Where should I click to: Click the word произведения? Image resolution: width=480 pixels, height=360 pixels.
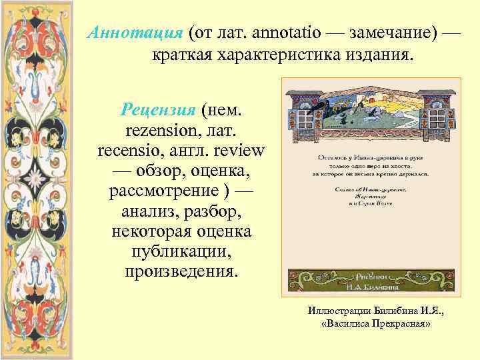[181, 273]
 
